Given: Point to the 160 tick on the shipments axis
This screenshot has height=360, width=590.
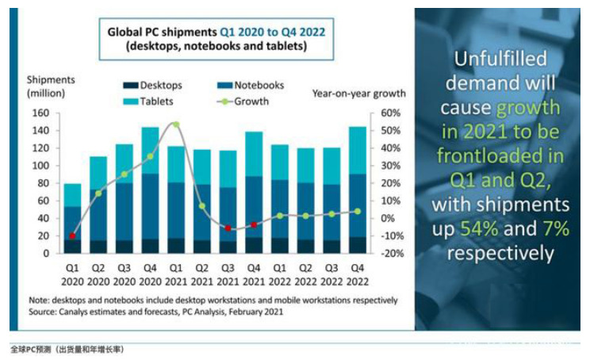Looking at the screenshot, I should point(40,113).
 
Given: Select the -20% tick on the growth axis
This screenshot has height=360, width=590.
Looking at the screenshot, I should point(391,254).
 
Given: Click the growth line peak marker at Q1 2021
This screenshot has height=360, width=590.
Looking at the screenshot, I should point(175,124).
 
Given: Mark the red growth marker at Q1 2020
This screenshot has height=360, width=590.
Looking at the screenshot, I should point(72,236).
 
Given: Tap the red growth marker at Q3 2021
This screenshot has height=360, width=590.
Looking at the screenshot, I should point(228,228).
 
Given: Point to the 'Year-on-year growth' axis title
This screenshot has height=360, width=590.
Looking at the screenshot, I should point(358,94).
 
